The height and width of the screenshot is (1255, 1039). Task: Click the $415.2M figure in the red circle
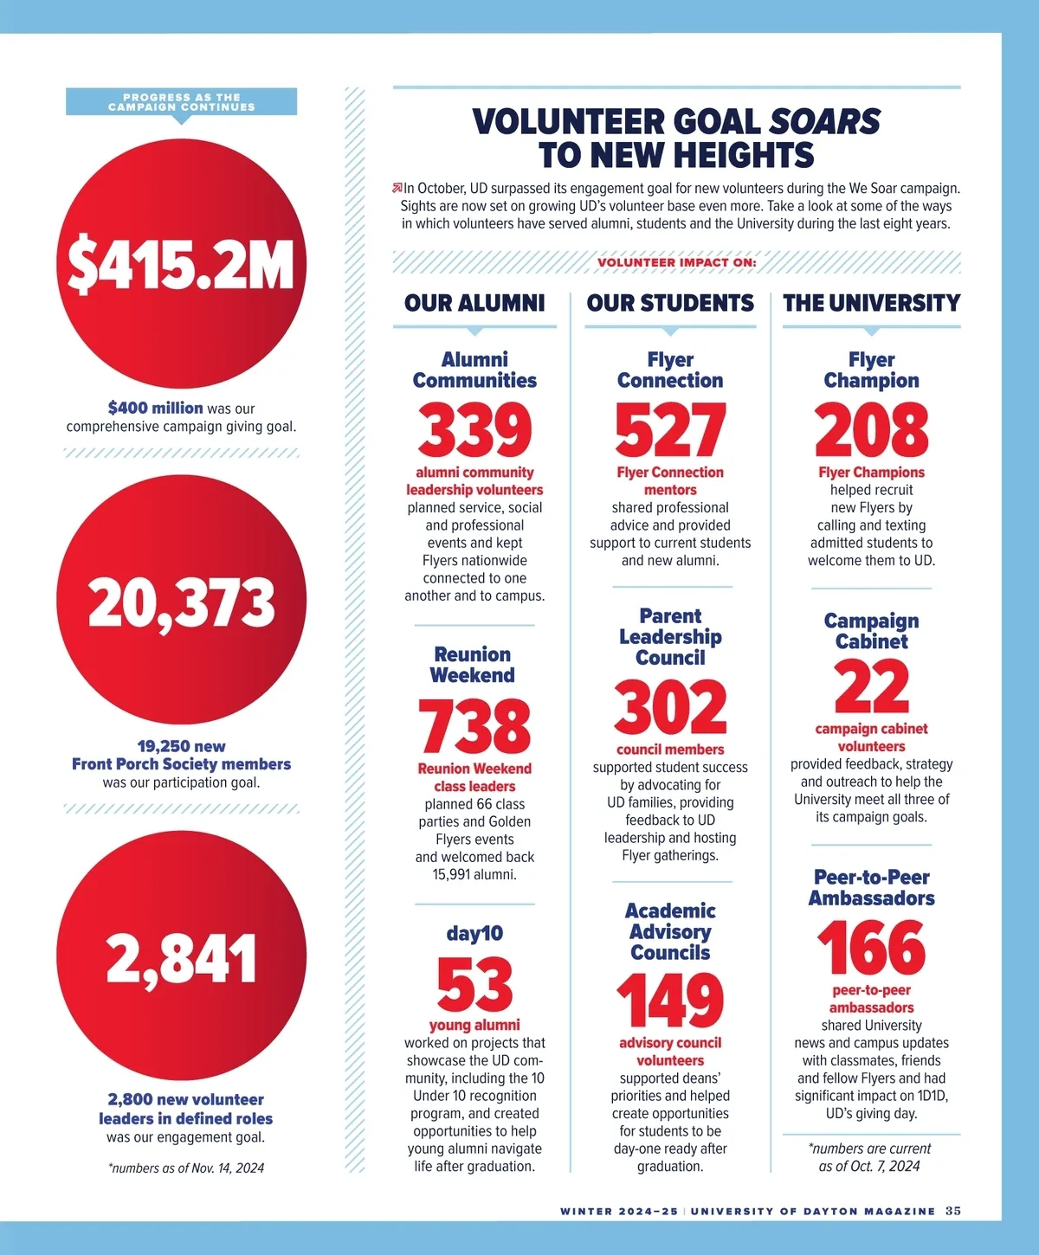click(x=181, y=264)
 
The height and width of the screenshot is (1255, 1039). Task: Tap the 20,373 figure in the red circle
click(x=181, y=602)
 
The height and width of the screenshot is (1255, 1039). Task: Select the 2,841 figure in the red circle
click(x=181, y=958)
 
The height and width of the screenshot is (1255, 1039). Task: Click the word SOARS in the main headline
click(x=824, y=122)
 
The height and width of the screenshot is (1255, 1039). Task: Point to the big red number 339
click(x=474, y=430)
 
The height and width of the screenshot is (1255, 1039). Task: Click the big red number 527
click(x=670, y=430)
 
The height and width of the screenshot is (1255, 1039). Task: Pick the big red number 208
click(x=871, y=430)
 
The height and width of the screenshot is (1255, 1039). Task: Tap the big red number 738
click(x=474, y=726)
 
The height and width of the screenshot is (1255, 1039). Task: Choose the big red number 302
click(x=670, y=707)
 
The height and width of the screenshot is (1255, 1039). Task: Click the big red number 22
click(x=871, y=686)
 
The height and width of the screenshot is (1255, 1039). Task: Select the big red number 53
click(x=474, y=984)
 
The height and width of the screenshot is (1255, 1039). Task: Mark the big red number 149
click(x=670, y=1001)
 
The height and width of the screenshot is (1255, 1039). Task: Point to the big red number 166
click(x=871, y=948)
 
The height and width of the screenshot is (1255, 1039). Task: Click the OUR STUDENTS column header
click(x=670, y=303)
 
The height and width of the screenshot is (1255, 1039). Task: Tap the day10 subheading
click(x=474, y=933)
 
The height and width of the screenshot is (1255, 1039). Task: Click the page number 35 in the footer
click(x=952, y=1211)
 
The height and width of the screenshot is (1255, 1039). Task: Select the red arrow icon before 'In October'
click(x=397, y=188)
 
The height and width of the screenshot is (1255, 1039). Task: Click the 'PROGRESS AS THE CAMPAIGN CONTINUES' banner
click(x=181, y=102)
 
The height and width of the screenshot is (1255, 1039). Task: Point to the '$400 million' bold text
click(x=156, y=408)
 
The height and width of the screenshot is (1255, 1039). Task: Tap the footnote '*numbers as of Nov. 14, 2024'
click(x=186, y=1168)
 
